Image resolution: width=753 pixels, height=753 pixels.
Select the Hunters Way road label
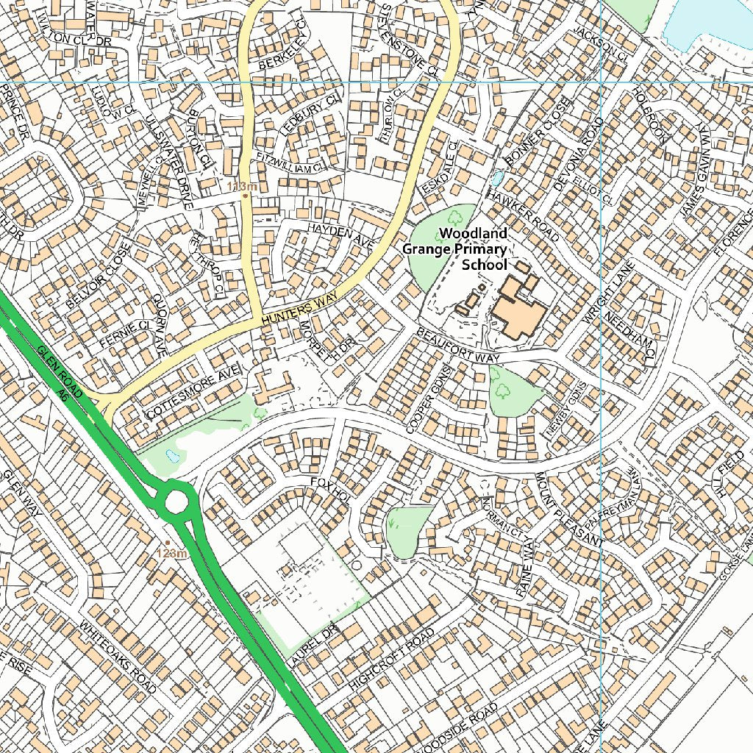point(299,308)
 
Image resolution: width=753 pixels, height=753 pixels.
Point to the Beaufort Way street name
point(457,346)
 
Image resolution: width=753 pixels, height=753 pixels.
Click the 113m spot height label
point(241,187)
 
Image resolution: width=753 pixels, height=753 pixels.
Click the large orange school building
point(519,309)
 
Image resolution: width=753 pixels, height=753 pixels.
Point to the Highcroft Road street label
point(388,659)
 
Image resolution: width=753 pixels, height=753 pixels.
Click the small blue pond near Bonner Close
point(498,178)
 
